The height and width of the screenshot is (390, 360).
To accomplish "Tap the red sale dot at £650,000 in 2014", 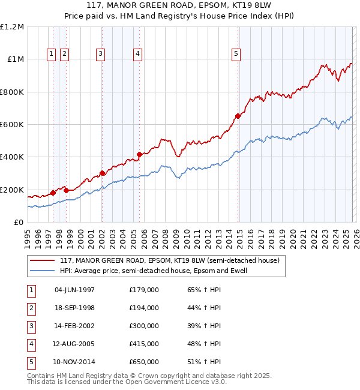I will point(238,116).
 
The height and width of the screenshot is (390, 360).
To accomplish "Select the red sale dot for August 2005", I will point(139,154).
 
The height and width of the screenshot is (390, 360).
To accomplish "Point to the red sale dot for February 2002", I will point(102,173).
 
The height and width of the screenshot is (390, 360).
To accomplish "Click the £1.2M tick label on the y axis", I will point(12,27).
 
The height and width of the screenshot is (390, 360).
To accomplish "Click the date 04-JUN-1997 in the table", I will point(74,290).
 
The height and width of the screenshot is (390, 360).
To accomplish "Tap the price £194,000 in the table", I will point(143,308).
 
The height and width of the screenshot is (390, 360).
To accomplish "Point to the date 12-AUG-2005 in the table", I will point(74,344).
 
